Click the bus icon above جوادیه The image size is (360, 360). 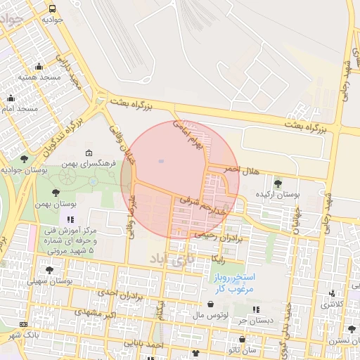click(53, 8)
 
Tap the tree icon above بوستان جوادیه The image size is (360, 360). click(25, 159)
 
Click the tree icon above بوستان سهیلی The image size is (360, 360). click(49, 270)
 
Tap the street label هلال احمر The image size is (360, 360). click(241, 170)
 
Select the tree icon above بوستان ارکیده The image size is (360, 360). click(278, 184)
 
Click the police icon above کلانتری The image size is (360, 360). click(332, 294)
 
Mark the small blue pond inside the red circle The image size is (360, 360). click(161, 162)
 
